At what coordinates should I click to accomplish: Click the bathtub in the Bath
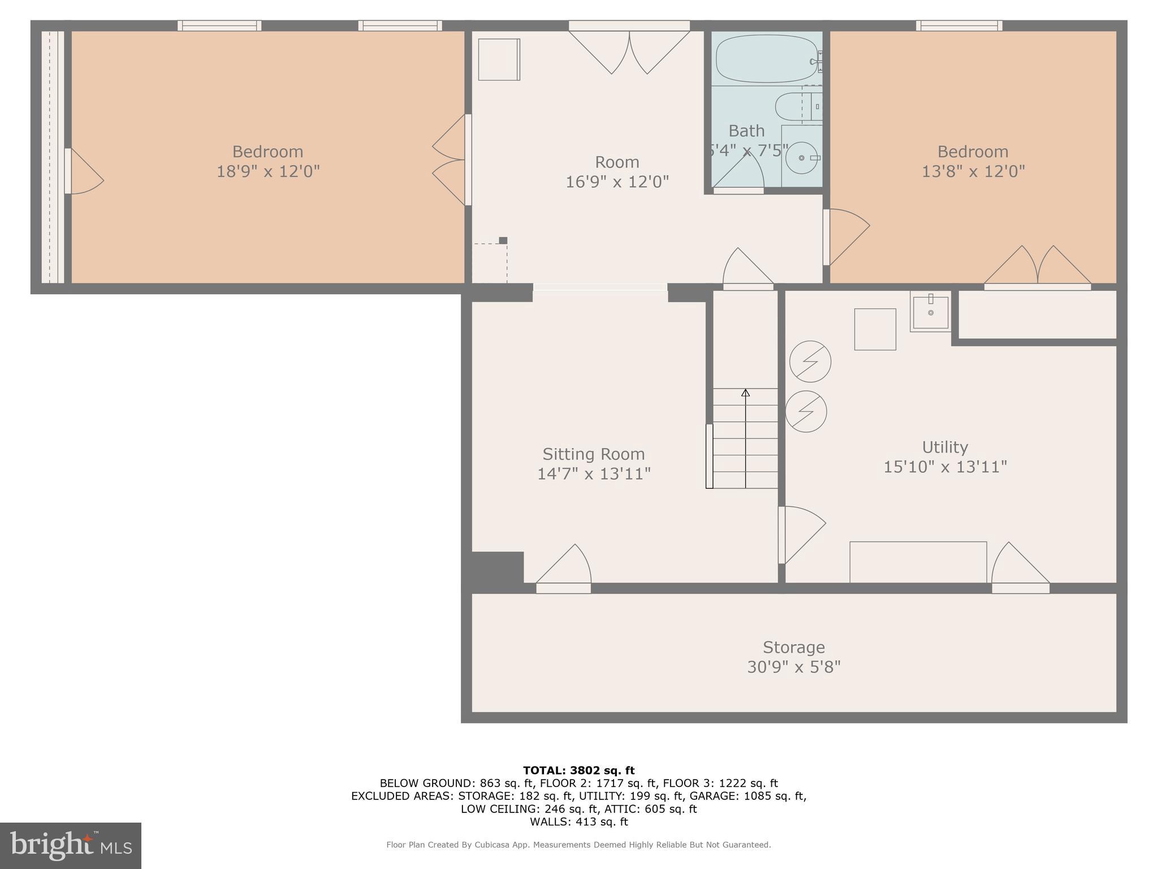click(x=765, y=59)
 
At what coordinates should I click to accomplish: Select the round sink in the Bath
click(x=802, y=158)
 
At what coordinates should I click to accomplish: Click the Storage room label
click(x=793, y=647)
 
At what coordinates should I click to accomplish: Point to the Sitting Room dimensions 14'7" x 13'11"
click(x=594, y=474)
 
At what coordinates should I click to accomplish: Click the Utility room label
click(x=945, y=448)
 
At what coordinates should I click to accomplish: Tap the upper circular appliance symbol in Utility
click(x=810, y=361)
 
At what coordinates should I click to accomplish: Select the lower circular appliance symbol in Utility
click(x=806, y=411)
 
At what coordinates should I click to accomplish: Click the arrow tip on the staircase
click(x=745, y=392)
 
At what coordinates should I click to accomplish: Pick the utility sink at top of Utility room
click(x=930, y=312)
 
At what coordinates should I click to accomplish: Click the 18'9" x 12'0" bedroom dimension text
click(x=268, y=171)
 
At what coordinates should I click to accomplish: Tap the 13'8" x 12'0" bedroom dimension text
click(x=973, y=171)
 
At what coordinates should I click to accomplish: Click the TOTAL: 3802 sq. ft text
click(x=578, y=771)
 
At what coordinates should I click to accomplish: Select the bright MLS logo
click(x=70, y=845)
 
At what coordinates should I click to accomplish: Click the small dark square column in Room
click(x=503, y=240)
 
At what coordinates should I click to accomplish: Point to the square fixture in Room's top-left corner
click(x=499, y=59)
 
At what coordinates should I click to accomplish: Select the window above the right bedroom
click(x=959, y=25)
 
